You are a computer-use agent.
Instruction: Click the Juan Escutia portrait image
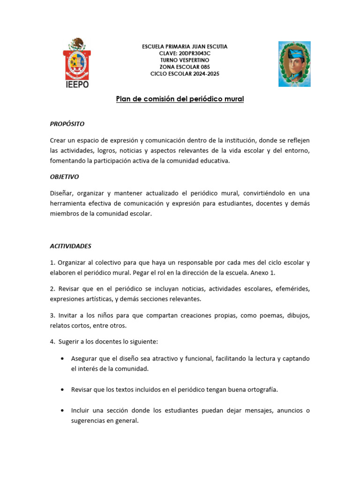[x=294, y=64]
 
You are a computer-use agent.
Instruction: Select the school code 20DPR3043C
[x=195, y=53]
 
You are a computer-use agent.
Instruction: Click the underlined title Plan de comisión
[x=180, y=99]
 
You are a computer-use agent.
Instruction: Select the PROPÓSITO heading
[x=67, y=124]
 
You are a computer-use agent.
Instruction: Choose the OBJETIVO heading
[x=64, y=177]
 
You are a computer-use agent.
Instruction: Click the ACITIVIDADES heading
[x=71, y=246]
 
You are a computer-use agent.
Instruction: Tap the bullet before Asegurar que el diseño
[x=63, y=359]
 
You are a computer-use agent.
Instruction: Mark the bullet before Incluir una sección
[x=63, y=411]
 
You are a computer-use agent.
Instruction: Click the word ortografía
[x=261, y=390]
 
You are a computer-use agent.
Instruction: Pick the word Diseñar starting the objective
[x=61, y=193]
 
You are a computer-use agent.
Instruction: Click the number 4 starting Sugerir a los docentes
[x=52, y=342]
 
